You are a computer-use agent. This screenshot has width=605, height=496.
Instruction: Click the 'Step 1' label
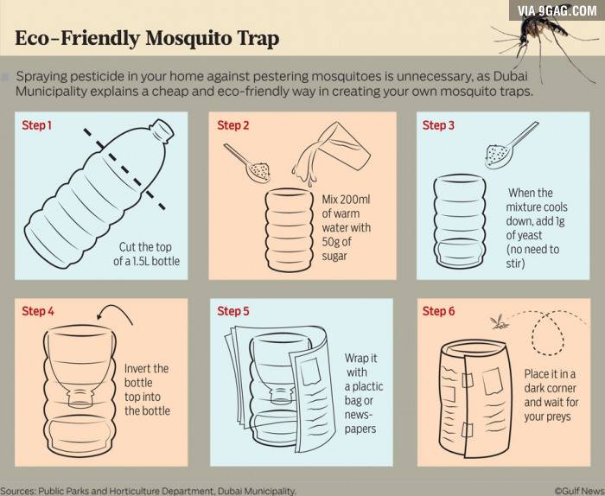(x=36, y=125)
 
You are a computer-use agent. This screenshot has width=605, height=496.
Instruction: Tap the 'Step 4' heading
(x=38, y=311)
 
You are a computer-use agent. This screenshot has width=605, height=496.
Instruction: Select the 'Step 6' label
(x=438, y=311)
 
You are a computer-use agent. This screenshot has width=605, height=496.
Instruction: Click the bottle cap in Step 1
(x=162, y=129)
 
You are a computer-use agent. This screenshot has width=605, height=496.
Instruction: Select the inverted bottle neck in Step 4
(x=80, y=397)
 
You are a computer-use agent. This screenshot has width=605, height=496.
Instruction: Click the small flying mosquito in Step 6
(x=497, y=322)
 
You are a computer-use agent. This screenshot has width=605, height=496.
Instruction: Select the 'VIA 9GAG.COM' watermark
(x=557, y=10)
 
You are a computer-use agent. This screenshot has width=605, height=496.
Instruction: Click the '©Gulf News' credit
(x=576, y=491)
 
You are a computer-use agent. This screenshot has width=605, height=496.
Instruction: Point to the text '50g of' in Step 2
(x=336, y=241)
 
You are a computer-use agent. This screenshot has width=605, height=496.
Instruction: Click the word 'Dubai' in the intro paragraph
(x=510, y=76)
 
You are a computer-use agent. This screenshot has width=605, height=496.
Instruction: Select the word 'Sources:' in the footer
(x=18, y=491)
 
